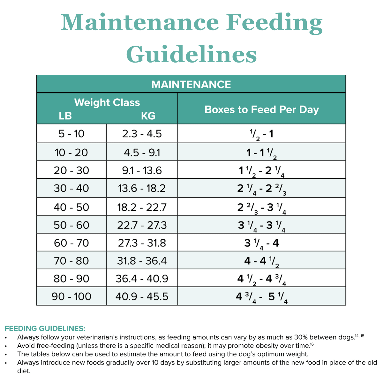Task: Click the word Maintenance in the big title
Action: pyautogui.click(x=140, y=22)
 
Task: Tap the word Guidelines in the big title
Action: pyautogui.click(x=191, y=54)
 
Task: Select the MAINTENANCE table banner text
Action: pyautogui.click(x=191, y=85)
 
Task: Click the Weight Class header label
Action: pyautogui.click(x=107, y=102)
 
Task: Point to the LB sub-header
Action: pyautogui.click(x=65, y=116)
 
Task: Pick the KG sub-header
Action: pyautogui.click(x=148, y=116)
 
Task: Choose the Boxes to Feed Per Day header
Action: pyautogui.click(x=262, y=109)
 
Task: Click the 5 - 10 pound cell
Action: pyautogui.click(x=71, y=134)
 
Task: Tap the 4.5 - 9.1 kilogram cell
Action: pyautogui.click(x=142, y=153)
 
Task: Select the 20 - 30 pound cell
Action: pyautogui.click(x=71, y=170)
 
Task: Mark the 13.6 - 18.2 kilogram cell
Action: pyautogui.click(x=142, y=188)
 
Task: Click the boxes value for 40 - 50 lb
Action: pyautogui.click(x=262, y=208)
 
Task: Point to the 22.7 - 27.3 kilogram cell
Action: pyautogui.click(x=142, y=225)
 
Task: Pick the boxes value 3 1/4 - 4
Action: pyautogui.click(x=262, y=244)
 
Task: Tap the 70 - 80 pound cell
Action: pyautogui.click(x=71, y=261)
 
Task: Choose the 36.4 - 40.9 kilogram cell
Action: pyautogui.click(x=142, y=279)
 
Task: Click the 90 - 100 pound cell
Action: pyautogui.click(x=71, y=297)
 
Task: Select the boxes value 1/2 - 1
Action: pyautogui.click(x=262, y=134)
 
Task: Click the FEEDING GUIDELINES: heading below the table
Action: pyautogui.click(x=45, y=328)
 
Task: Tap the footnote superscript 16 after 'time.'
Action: pyautogui.click(x=312, y=344)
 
